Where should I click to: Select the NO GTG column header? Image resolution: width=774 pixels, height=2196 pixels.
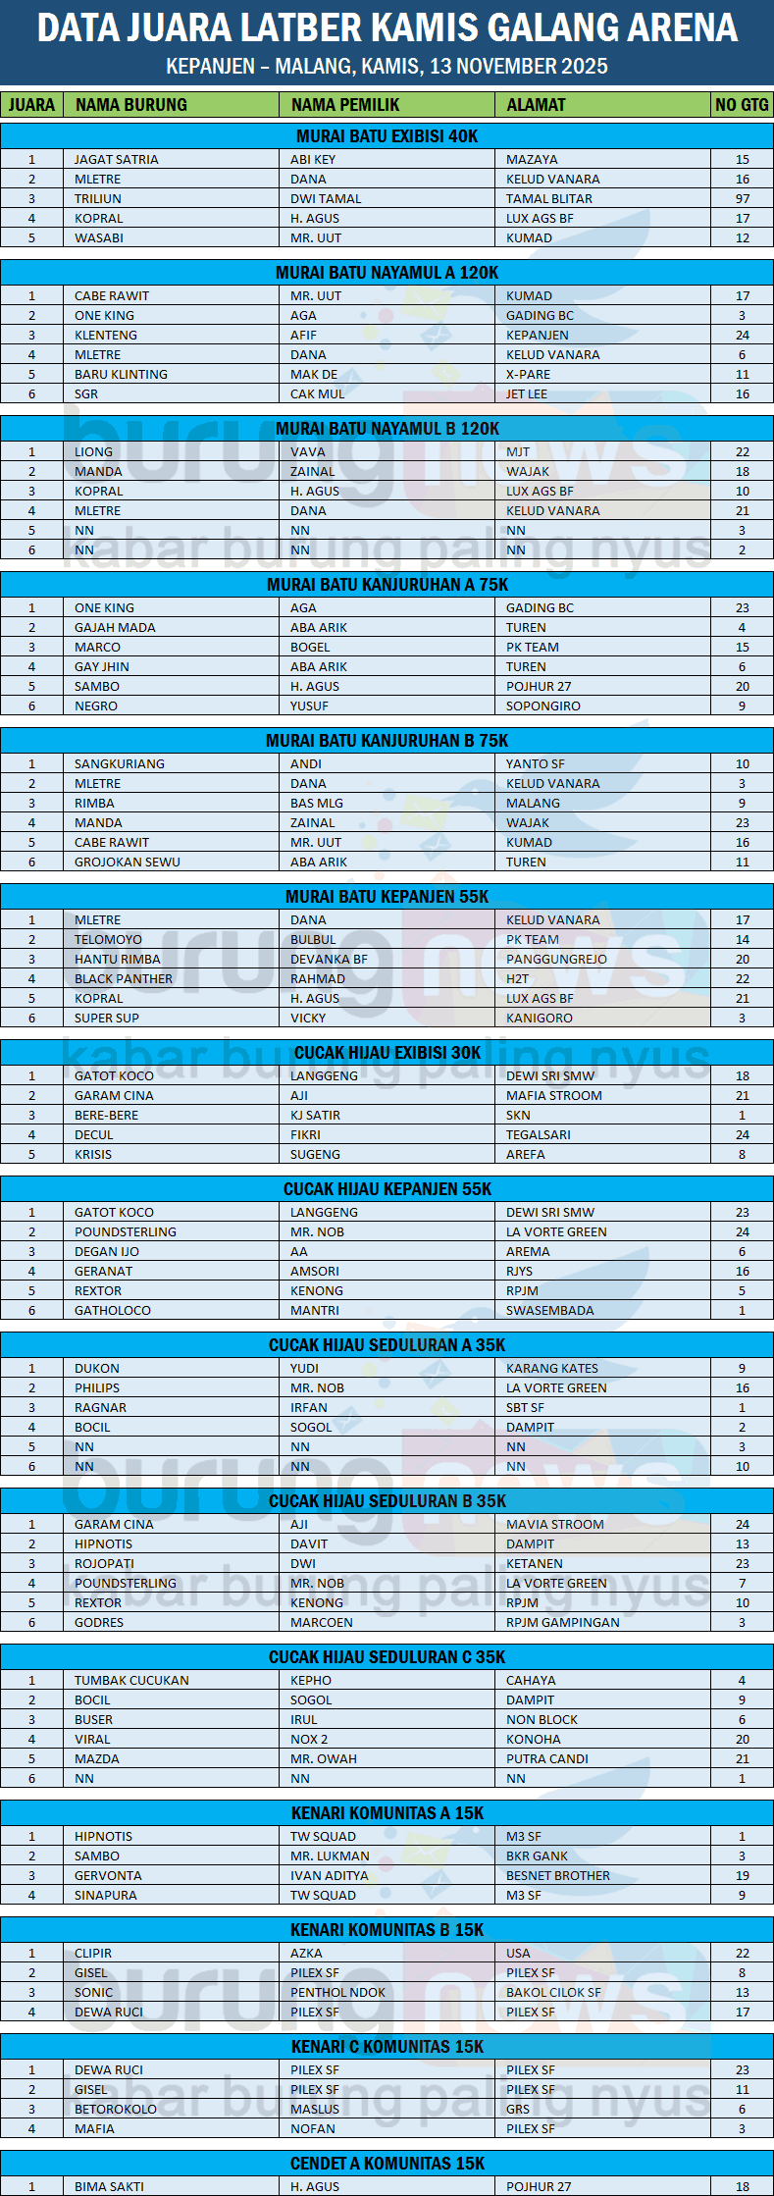(x=742, y=105)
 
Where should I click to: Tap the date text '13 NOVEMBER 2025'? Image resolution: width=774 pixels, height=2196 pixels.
(x=519, y=67)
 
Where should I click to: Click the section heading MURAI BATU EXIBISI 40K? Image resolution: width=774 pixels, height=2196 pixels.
(x=387, y=136)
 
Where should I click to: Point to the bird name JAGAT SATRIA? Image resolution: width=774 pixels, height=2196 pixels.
(x=116, y=159)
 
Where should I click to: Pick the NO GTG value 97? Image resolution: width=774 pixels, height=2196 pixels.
(x=743, y=198)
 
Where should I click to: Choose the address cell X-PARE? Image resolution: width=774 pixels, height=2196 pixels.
(x=528, y=374)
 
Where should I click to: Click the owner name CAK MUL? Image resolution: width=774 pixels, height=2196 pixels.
(x=317, y=393)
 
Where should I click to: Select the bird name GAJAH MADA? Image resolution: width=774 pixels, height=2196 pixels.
(x=115, y=627)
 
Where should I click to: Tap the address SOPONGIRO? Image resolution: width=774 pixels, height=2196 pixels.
(x=542, y=706)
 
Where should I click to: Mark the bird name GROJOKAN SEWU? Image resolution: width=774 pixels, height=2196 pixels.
(x=128, y=862)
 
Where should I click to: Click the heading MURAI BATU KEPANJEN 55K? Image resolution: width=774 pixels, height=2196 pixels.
(x=387, y=897)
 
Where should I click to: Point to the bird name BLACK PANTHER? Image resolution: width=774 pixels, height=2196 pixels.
(x=124, y=978)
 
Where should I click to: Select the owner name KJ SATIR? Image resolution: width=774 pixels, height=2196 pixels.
(x=315, y=1115)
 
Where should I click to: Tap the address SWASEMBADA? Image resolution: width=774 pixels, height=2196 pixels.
(x=549, y=1310)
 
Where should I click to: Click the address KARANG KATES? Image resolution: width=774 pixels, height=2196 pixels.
(x=551, y=1368)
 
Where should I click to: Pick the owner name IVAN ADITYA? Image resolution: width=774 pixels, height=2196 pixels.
(x=329, y=1875)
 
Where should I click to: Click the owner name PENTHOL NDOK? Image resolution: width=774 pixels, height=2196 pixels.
(x=337, y=1992)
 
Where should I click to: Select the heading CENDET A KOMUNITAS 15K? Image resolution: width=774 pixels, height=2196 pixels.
(x=387, y=2164)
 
